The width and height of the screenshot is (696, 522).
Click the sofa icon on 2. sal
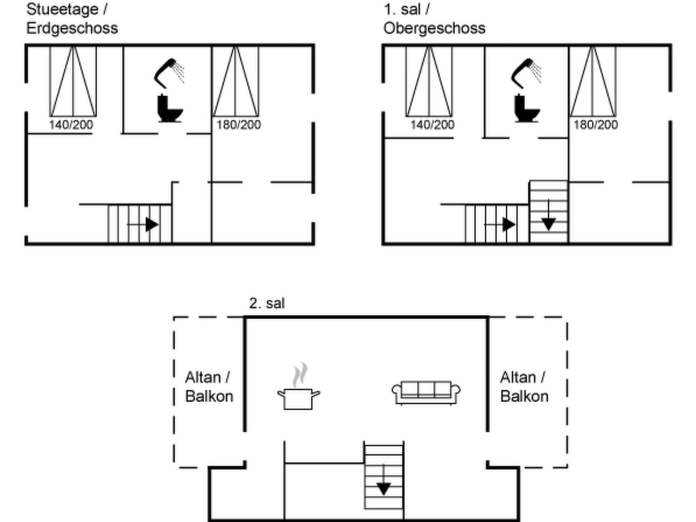coord(426,393)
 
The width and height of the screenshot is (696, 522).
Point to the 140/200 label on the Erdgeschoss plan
coord(71,125)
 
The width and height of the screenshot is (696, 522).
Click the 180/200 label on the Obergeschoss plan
coord(596,125)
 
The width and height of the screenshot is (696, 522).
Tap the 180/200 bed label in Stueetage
coord(239,125)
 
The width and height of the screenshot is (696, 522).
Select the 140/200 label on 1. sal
coord(432,125)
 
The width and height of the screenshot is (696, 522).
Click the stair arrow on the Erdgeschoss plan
coord(143,225)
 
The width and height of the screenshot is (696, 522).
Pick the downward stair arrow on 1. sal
coord(549,215)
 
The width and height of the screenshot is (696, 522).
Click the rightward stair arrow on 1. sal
coord(500,225)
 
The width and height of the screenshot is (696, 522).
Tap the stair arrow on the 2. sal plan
coord(384,480)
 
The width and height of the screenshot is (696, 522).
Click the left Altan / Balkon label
coord(209,387)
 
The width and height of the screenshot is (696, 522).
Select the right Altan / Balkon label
coord(524,387)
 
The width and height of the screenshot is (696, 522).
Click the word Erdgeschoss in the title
coord(72,28)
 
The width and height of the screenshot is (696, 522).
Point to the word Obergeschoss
coord(434,29)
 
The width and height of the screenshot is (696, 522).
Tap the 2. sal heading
coord(267,303)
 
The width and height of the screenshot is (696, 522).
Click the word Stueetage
coord(63,10)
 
